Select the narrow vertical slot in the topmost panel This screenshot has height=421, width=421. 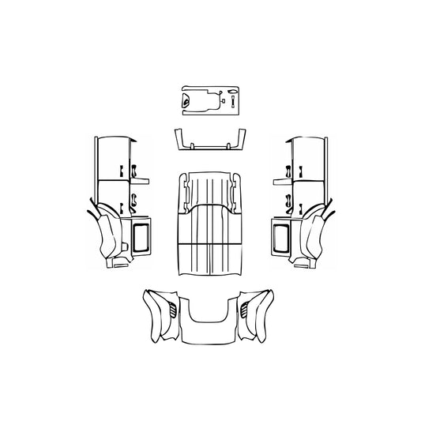234,103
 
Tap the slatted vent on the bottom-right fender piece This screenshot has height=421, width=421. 250,309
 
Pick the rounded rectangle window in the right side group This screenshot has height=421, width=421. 280,237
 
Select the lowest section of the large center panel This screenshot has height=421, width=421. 209,261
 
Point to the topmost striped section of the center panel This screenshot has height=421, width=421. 209,188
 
